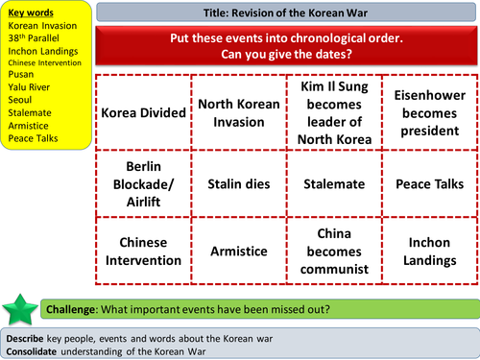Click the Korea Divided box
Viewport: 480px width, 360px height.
[143, 112]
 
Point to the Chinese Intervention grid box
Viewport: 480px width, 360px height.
[143, 251]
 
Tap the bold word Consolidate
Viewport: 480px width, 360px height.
[35, 350]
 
